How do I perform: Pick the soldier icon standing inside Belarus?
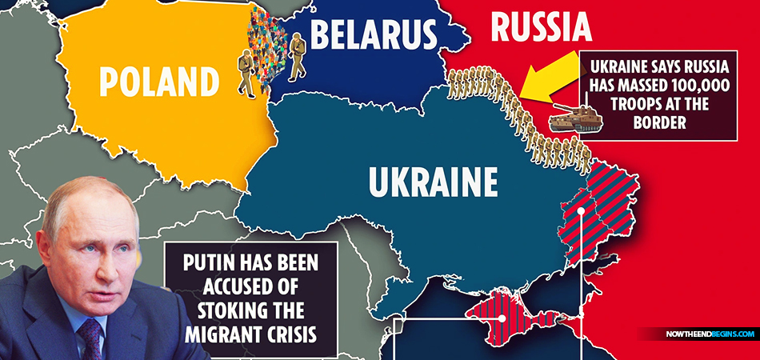pyautogui.click(x=297, y=57)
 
